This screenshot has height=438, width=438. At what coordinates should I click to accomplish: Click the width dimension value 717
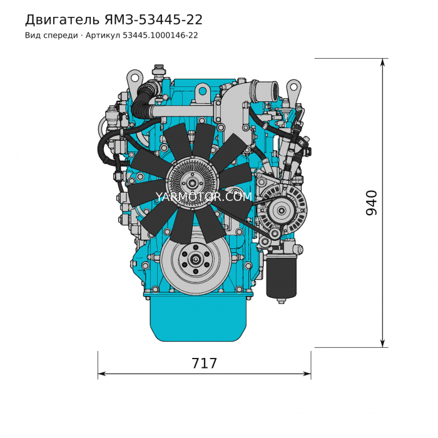204,364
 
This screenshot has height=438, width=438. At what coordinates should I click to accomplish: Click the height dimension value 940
371,203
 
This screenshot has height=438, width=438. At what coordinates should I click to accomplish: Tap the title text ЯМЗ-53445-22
153,20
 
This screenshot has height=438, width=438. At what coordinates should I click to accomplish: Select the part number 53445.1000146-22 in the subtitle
160,36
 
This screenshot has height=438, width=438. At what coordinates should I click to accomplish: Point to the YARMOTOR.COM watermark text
204,196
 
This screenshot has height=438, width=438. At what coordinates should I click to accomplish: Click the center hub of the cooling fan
193,183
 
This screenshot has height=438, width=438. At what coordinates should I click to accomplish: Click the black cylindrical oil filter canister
281,277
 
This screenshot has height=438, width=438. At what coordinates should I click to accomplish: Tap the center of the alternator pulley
282,210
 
